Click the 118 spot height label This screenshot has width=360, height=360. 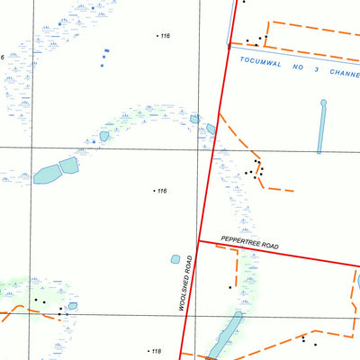(x=155, y=351)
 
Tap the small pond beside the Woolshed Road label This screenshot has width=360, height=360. (x=175, y=259)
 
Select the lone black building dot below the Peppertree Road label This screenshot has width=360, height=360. (x=229, y=287)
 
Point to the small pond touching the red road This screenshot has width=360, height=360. (x=211, y=129)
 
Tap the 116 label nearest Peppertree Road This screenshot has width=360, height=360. (x=161, y=191)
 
